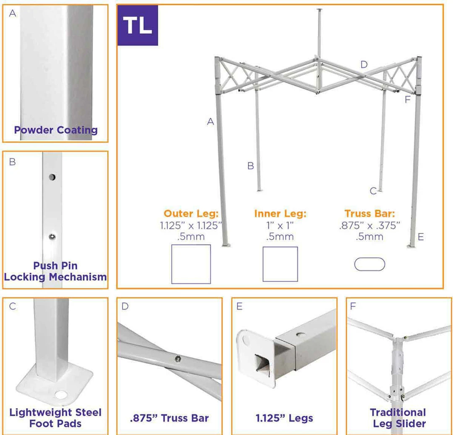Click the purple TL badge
[x=138, y=25]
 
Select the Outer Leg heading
[x=191, y=214]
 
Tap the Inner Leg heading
[x=280, y=214]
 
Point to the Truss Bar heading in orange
[x=370, y=214]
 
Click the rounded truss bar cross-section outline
[x=370, y=264]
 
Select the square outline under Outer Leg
[x=191, y=264]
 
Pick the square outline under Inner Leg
[x=280, y=264]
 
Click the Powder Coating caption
[x=56, y=130]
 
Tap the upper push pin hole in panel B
[x=52, y=177]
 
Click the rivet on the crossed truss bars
[x=178, y=358]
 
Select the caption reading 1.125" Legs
[x=284, y=418]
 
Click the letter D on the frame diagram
[x=364, y=65]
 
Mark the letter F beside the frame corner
[x=407, y=100]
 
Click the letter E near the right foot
[x=421, y=237]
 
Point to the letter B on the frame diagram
[x=250, y=166]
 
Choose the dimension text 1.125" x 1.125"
[x=191, y=225]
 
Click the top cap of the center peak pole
[x=320, y=9]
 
